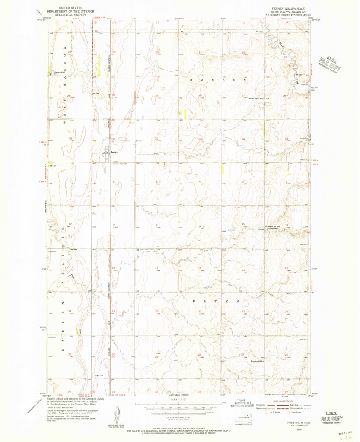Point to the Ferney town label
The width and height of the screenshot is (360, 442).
(114, 152)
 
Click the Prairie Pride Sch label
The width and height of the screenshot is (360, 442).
(256, 99)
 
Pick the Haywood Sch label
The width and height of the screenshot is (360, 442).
(257, 361)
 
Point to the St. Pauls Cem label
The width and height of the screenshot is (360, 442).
(124, 164)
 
